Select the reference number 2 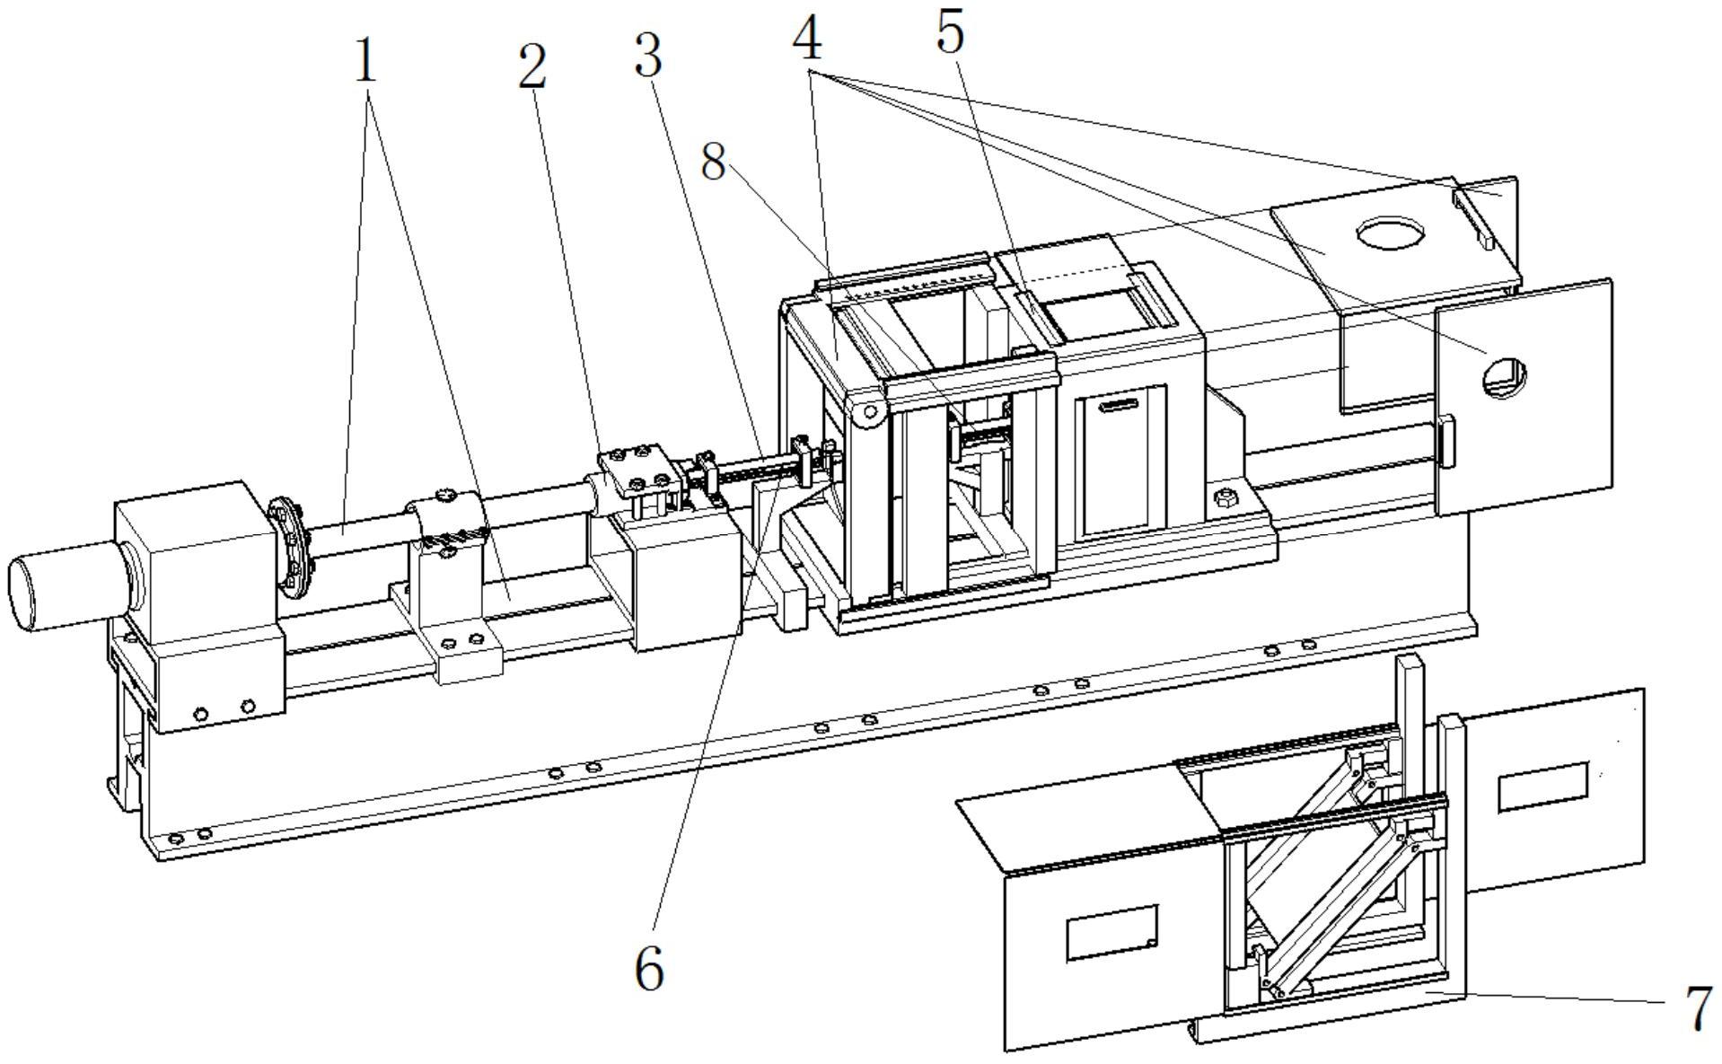[532, 66]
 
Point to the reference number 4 [807, 40]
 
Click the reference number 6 [649, 969]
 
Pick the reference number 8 [713, 163]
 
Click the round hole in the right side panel [1506, 377]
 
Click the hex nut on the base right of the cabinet [1223, 497]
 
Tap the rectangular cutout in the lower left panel [1111, 932]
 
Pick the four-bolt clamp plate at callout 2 [635, 469]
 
